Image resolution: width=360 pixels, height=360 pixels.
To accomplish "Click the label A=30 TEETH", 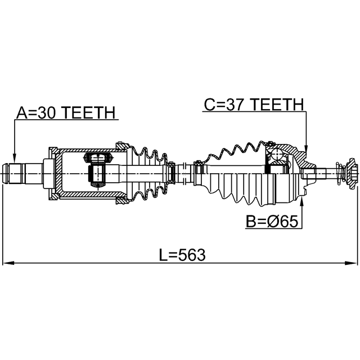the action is pyautogui.click(x=66, y=112).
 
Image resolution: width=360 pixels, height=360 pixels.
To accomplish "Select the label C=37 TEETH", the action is pyautogui.click(x=254, y=105).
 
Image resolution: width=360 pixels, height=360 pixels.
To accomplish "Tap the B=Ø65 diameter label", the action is pyautogui.click(x=272, y=222).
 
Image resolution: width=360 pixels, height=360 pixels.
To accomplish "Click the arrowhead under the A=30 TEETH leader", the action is pyautogui.click(x=14, y=159).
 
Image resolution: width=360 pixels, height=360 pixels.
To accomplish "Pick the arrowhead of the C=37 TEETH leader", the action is pyautogui.click(x=306, y=149).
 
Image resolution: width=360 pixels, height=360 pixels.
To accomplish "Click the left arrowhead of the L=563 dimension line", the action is pyautogui.click(x=8, y=263).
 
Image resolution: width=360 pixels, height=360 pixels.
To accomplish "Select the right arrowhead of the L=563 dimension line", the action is pyautogui.click(x=351, y=263).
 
